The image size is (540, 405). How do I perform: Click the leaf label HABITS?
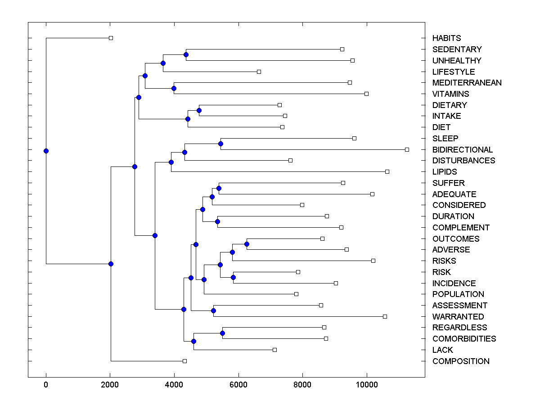coord(446,38)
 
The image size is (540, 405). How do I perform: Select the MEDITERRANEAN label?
coord(467,83)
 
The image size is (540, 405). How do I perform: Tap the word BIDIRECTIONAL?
coord(462,150)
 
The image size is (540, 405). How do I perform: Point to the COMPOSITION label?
coord(460,361)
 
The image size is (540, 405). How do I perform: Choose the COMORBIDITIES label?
coord(464,339)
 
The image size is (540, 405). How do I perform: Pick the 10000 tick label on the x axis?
coord(367,384)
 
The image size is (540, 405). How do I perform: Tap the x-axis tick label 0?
coord(46,384)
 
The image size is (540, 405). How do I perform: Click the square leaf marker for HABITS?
coord(111,38)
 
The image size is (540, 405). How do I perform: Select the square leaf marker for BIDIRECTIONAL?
coord(407,149)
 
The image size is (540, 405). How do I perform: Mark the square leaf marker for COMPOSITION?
coord(184,361)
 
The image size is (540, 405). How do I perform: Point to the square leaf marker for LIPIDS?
coord(387,171)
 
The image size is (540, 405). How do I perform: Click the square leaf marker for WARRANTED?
coord(385,316)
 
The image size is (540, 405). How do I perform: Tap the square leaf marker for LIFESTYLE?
coord(259,72)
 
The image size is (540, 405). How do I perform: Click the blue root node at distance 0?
coord(46,151)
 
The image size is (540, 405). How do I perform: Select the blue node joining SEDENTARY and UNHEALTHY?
coord(186,55)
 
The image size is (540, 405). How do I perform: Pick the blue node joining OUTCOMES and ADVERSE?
coord(247,244)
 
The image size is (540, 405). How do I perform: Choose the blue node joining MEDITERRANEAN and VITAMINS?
coord(174,88)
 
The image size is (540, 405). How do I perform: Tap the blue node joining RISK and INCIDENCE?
coord(233,277)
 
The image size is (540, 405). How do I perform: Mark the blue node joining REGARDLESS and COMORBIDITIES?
coord(222,333)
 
